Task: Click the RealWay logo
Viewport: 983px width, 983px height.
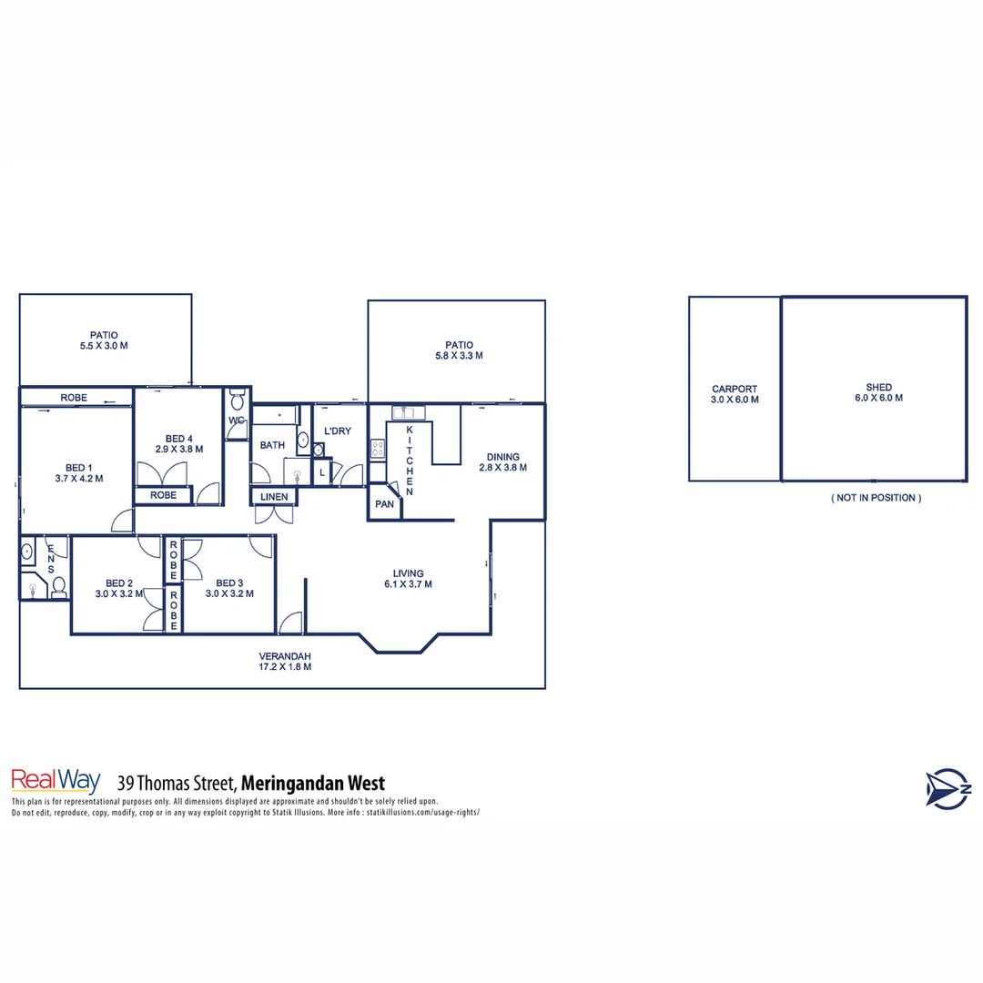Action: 55,782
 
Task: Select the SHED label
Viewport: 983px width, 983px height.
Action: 879,387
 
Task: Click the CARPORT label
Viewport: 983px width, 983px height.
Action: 735,389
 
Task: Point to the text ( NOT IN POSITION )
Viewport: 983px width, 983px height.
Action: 876,498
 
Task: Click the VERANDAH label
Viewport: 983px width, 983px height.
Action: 285,656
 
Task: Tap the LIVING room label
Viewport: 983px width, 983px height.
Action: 408,573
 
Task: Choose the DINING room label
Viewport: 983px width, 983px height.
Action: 502,457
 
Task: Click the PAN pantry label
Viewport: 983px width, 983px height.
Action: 384,504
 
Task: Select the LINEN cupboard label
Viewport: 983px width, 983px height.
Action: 274,497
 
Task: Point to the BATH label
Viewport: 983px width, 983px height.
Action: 272,445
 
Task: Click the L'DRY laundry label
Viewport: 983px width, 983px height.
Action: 338,431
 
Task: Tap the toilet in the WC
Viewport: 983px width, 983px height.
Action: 237,400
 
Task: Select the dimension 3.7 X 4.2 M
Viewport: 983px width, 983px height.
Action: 79,479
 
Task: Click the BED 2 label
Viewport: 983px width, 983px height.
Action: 119,583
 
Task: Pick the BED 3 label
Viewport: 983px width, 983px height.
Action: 229,583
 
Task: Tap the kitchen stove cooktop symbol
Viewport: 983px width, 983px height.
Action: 377,447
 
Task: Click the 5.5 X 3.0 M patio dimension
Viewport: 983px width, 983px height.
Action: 103,347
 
